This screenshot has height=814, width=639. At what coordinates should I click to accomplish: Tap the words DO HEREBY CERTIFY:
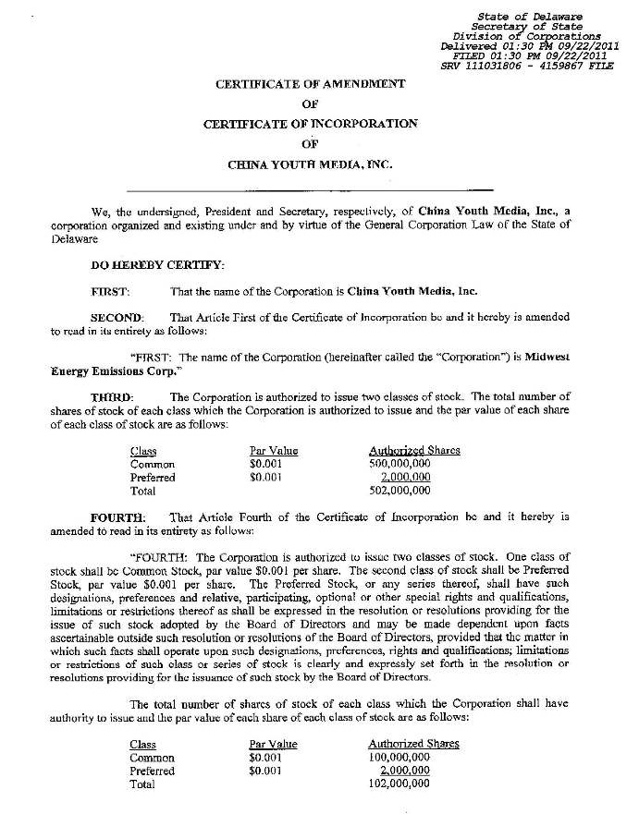pos(157,265)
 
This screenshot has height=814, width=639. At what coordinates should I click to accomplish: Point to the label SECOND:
pos(117,317)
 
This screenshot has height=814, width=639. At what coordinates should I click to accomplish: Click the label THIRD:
pos(112,396)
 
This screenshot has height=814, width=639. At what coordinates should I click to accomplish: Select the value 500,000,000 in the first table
pos(399,464)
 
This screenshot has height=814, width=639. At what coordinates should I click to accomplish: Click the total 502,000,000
pos(399,491)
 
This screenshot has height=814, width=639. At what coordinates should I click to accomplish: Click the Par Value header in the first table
pos(274,451)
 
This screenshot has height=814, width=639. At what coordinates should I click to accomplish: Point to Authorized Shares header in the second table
pos(413,744)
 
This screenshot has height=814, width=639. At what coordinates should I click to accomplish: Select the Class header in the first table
pos(143,451)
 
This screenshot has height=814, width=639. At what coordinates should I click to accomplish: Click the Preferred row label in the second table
pos(153,771)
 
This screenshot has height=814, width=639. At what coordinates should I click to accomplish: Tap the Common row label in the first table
pos(153,464)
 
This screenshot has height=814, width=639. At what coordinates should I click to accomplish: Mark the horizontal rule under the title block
pos(310,189)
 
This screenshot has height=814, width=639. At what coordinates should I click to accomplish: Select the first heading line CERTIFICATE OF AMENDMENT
pos(310,84)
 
